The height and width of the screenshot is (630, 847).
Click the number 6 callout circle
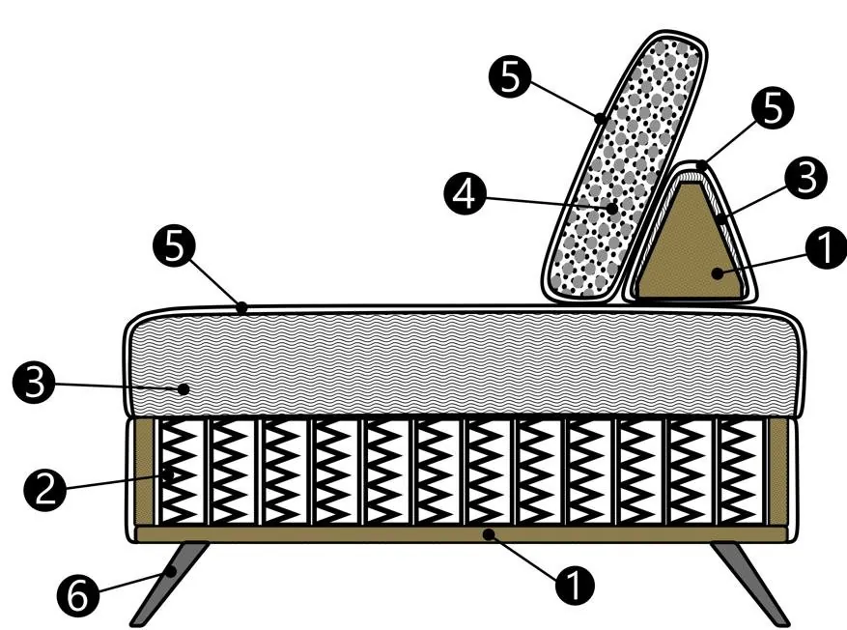(x=79, y=595)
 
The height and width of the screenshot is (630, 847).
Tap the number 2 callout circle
(x=45, y=490)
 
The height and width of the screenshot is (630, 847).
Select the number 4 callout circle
(x=466, y=193)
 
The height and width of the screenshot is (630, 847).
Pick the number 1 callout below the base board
(x=575, y=584)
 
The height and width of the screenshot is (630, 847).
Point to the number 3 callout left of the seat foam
(x=34, y=382)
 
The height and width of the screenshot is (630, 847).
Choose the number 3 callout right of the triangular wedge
(x=806, y=177)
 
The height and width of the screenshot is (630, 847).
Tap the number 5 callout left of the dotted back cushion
(x=511, y=76)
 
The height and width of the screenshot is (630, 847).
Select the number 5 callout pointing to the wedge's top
(x=773, y=107)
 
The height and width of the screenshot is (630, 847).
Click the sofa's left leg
(x=169, y=584)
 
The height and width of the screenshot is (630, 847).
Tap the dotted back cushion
(x=625, y=167)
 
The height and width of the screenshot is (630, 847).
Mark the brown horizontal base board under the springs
(x=461, y=534)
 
